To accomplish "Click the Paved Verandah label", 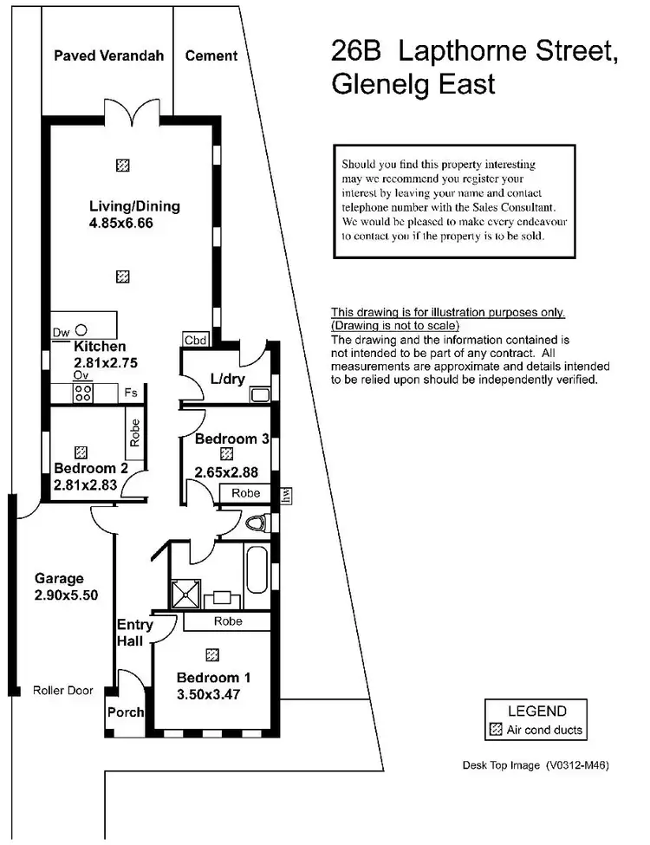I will (108, 55).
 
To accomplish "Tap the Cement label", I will (211, 55).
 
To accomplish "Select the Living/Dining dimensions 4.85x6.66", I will (134, 224).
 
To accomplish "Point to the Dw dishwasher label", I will (61, 332).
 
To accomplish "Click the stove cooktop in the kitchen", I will (85, 393).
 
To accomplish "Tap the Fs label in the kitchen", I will (131, 393).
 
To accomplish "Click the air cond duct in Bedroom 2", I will (81, 452).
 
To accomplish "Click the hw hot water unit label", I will (285, 495).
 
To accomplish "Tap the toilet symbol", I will (256, 523).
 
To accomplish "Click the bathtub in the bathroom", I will (257, 569).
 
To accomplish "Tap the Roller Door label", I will (62, 691).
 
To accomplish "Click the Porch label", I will (126, 712).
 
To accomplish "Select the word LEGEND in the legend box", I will (536, 711).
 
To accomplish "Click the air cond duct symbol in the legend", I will (496, 730).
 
